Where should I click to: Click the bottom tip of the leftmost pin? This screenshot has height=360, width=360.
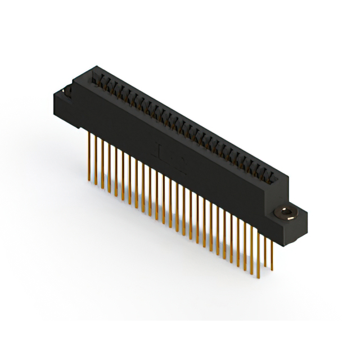[89, 181]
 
